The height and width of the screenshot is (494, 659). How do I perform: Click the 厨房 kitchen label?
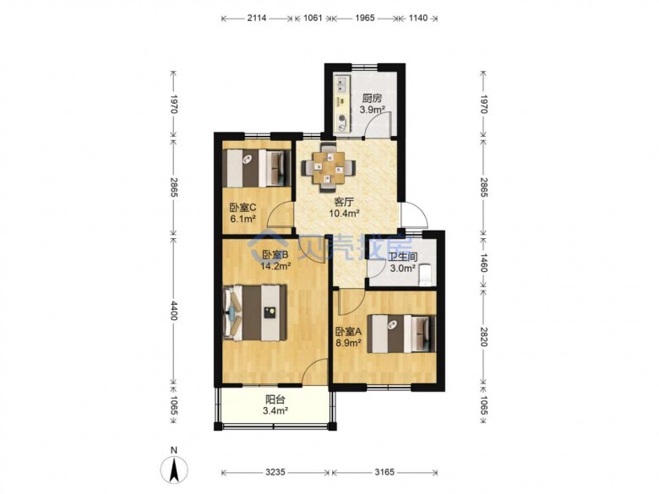372,99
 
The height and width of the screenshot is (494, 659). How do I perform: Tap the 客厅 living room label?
343,202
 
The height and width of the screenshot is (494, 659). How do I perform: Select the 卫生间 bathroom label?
403,257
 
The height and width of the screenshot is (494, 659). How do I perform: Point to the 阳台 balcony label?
275,399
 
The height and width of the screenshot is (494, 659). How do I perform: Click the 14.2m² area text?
275,266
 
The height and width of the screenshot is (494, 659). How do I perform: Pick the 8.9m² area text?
348,343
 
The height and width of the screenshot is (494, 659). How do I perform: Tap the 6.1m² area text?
243,219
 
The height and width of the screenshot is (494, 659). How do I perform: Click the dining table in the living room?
329,167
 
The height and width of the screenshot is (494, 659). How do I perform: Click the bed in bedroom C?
257,168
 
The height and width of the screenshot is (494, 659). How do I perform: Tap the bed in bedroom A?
401,334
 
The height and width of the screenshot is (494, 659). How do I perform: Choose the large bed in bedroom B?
254,313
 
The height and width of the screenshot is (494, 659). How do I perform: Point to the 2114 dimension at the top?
257,18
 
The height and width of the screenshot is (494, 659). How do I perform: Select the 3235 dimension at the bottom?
275,473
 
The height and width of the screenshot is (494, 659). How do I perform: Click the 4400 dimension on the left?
173,310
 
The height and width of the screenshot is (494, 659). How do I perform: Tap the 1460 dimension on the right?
484,263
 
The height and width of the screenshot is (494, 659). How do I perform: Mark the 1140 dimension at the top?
418,18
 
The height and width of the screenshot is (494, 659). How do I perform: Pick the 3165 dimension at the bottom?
384,473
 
